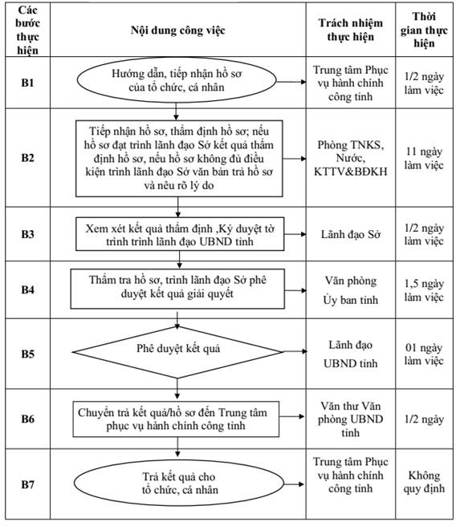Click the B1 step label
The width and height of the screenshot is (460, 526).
[27, 83]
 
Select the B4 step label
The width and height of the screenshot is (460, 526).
[27, 289]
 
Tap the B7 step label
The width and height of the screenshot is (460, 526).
[27, 484]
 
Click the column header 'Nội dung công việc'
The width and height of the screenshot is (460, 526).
[177, 30]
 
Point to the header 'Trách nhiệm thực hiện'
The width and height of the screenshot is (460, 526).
[351, 30]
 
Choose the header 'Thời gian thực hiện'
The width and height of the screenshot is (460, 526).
[424, 30]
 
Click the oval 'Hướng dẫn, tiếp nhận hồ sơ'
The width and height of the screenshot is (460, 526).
[177, 80]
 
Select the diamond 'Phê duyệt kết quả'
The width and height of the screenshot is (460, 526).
[177, 352]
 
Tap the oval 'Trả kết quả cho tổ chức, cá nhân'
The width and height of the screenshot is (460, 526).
[179, 483]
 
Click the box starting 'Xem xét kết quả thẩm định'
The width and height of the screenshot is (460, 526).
[180, 234]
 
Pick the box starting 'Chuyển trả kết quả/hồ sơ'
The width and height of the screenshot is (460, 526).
[176, 419]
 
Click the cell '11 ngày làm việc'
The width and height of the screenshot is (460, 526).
[424, 158]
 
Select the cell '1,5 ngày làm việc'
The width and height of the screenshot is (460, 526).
[424, 290]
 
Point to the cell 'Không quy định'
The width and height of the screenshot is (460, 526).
[424, 482]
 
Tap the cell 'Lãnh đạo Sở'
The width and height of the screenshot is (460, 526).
[351, 234]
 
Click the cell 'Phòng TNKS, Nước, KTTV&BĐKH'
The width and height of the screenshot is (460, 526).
[351, 158]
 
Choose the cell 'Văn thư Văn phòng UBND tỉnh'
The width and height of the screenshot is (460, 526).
[351, 419]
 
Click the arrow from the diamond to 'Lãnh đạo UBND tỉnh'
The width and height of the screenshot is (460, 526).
[295, 351]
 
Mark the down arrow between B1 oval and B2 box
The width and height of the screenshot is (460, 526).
[176, 111]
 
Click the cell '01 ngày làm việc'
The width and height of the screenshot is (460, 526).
[424, 354]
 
